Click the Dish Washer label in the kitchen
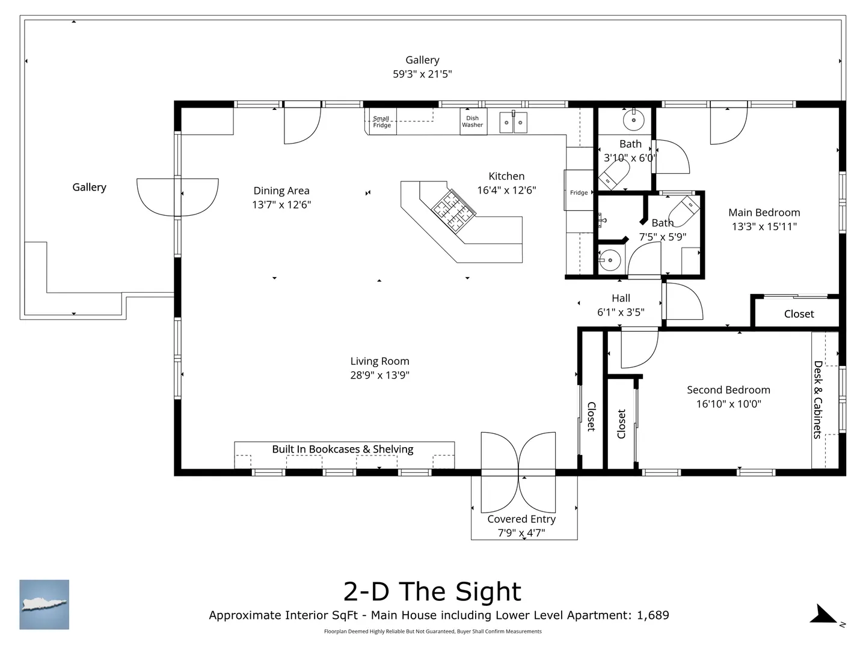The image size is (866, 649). (x=472, y=121)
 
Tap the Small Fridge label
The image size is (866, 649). (x=381, y=122)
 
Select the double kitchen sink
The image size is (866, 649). (x=514, y=122)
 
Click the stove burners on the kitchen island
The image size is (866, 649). (x=453, y=210)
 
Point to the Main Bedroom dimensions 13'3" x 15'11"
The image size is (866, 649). (x=764, y=227)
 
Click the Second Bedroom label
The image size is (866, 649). (x=728, y=390)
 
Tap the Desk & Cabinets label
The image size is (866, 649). (x=818, y=400)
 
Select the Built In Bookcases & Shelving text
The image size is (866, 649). (x=342, y=449)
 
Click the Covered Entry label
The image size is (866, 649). (x=521, y=519)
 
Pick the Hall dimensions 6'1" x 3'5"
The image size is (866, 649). (x=621, y=312)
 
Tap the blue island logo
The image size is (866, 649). (x=44, y=605)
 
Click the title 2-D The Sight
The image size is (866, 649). (x=432, y=591)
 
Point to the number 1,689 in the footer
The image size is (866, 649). (x=653, y=615)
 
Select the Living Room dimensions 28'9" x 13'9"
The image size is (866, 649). (x=379, y=375)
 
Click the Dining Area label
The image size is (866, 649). (x=281, y=190)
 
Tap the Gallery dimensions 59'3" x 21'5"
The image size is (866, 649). (x=422, y=74)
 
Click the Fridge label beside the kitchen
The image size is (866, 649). (x=579, y=193)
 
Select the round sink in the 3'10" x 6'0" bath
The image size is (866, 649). (x=634, y=120)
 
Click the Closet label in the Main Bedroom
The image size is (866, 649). (x=799, y=314)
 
